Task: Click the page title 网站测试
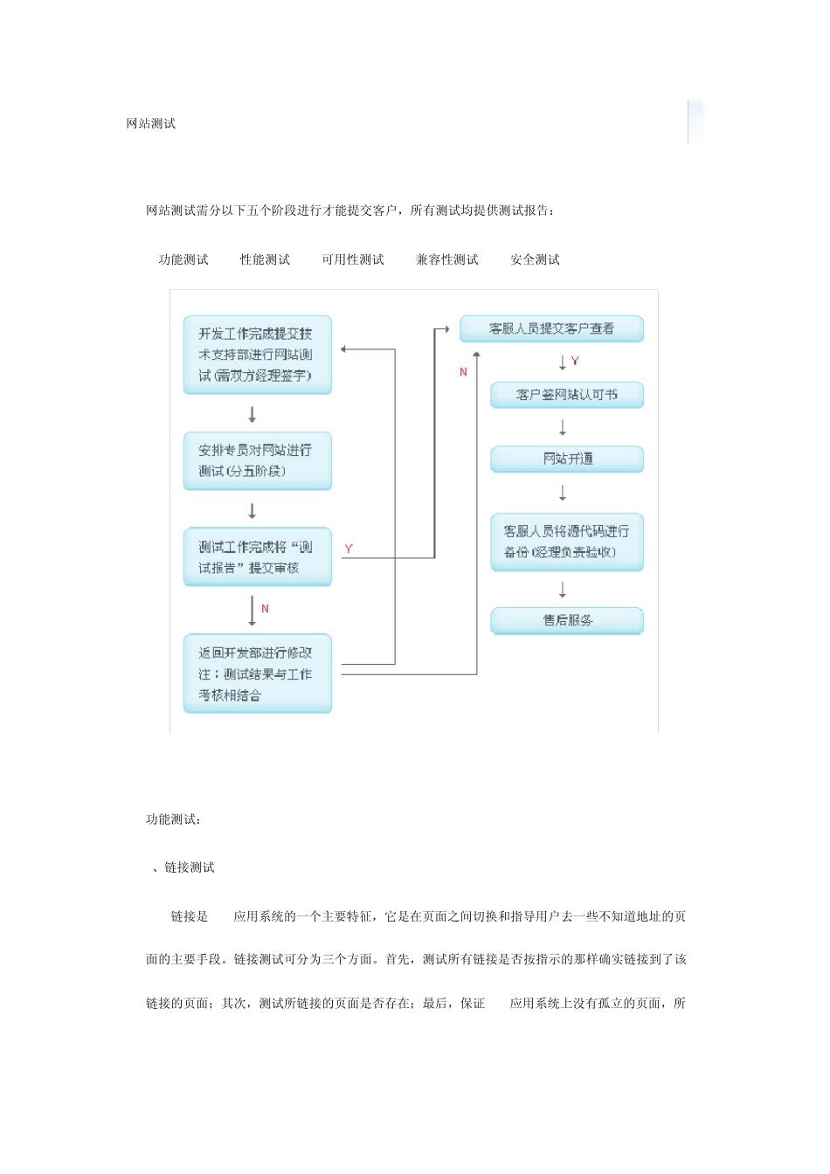(x=150, y=124)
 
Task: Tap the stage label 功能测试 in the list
(x=183, y=259)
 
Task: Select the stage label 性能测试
(x=265, y=259)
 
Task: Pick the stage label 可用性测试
(x=352, y=259)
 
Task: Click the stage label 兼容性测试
(x=446, y=259)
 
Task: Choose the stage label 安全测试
(x=535, y=259)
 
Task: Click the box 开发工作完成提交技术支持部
(x=257, y=355)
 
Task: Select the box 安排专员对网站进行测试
(x=257, y=460)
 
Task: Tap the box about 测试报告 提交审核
(x=257, y=556)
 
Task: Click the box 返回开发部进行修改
(x=257, y=673)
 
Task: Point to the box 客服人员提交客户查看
(x=551, y=328)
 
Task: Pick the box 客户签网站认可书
(x=566, y=395)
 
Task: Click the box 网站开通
(x=566, y=459)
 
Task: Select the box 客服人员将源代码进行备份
(x=566, y=542)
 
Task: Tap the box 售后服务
(x=566, y=620)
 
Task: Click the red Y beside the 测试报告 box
(x=349, y=549)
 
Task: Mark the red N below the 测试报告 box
(x=265, y=609)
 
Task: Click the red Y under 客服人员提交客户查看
(x=575, y=361)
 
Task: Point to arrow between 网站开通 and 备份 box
(x=563, y=494)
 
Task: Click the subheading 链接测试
(x=189, y=867)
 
